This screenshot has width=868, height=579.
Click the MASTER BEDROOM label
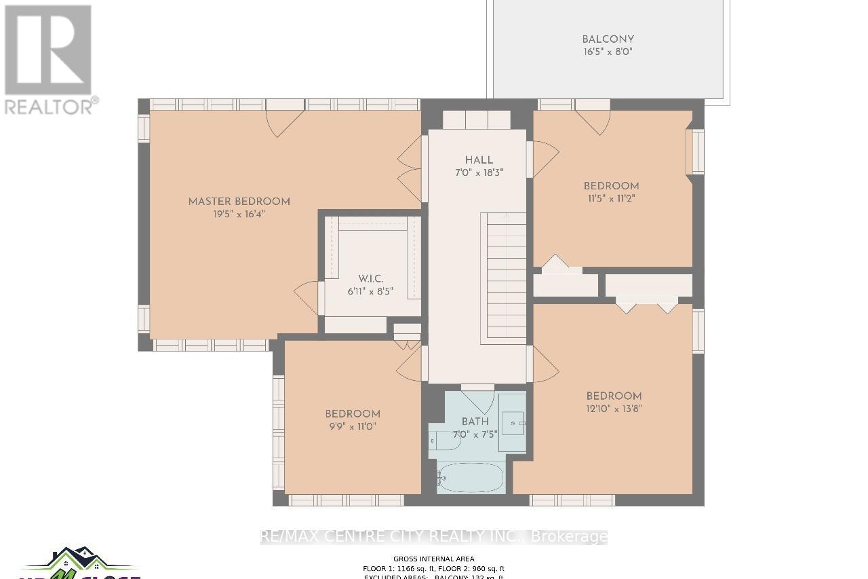click(x=239, y=202)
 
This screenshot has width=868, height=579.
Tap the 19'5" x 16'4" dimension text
click(x=239, y=214)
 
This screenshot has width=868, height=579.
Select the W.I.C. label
click(x=371, y=279)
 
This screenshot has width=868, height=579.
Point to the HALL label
click(x=479, y=160)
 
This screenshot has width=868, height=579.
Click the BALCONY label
click(x=608, y=39)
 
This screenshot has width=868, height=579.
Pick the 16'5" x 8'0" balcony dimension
click(x=608, y=52)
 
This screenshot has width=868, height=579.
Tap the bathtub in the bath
click(x=471, y=478)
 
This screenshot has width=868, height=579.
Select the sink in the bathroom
click(x=513, y=422)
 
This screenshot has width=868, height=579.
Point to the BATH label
click(x=475, y=422)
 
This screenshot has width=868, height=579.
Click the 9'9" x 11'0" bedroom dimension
click(x=352, y=426)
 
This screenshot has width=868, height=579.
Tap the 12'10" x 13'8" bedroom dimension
click(x=614, y=409)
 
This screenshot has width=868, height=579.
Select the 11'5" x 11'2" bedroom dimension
click(x=611, y=199)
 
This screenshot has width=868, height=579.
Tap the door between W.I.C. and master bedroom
click(x=307, y=297)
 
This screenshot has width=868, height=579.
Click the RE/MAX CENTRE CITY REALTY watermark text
click(x=434, y=537)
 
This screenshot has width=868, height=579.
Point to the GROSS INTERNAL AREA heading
click(x=434, y=560)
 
